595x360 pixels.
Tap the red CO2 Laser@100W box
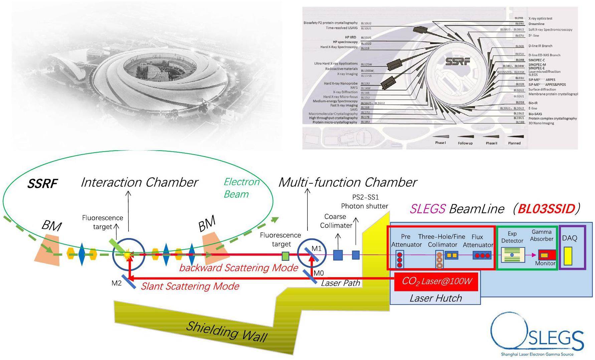click(436, 282)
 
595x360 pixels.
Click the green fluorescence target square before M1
click(285, 256)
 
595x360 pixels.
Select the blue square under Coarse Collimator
click(338, 255)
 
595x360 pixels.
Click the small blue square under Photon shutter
click(356, 255)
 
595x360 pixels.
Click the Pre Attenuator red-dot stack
click(400, 260)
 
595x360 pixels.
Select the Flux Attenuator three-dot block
click(481, 255)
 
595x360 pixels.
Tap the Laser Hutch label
click(436, 298)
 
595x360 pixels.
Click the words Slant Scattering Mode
click(190, 286)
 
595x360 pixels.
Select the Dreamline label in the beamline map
click(536, 24)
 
